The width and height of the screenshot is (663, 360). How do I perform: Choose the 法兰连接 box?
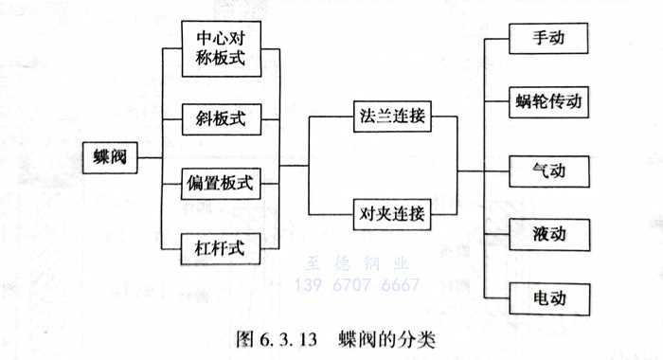tap(391, 117)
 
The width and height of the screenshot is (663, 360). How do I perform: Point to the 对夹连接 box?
tap(391, 212)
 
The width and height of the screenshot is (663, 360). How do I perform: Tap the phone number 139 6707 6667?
tap(358, 284)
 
